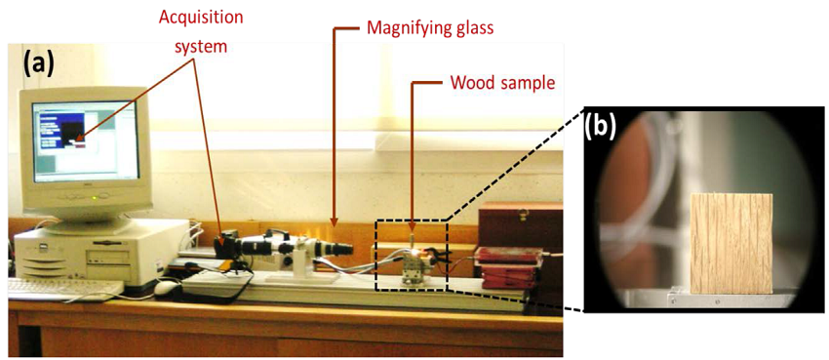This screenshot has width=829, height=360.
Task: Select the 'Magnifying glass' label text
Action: pos(430,28)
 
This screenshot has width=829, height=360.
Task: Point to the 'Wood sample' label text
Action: pos(502,83)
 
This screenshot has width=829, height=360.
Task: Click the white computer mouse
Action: pos(167,287)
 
